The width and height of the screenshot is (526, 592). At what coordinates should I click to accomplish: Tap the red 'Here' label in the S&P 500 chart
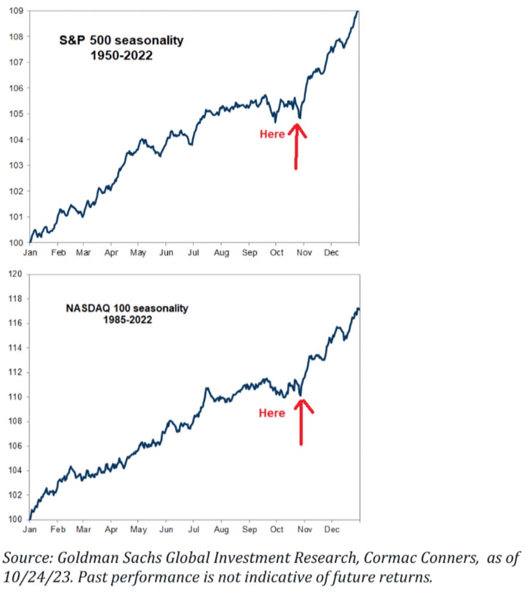tap(272, 135)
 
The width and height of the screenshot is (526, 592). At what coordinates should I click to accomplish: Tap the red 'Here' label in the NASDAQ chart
tap(272, 413)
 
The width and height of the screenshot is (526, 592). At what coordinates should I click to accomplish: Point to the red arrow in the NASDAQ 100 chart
tap(301, 420)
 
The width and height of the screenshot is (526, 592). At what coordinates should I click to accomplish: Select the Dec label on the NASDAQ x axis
tap(332, 529)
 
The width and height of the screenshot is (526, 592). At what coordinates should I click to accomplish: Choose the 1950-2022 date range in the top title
tap(122, 56)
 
